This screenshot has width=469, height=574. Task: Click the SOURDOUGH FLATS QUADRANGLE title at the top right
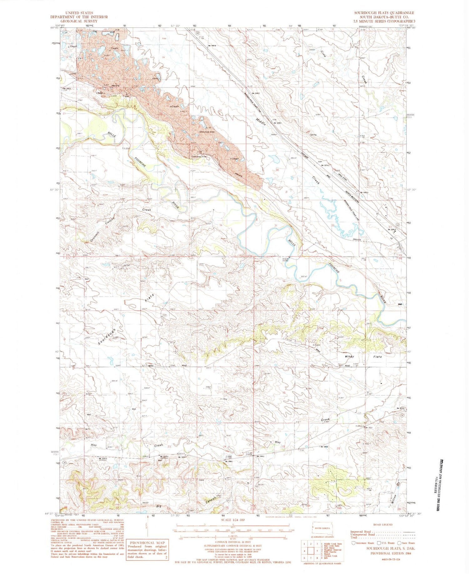(384, 13)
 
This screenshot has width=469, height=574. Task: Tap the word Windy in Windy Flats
(349, 356)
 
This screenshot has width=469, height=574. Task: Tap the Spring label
(313, 135)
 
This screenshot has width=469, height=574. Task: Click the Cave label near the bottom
(202, 480)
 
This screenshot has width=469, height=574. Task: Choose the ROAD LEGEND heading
(382, 525)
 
